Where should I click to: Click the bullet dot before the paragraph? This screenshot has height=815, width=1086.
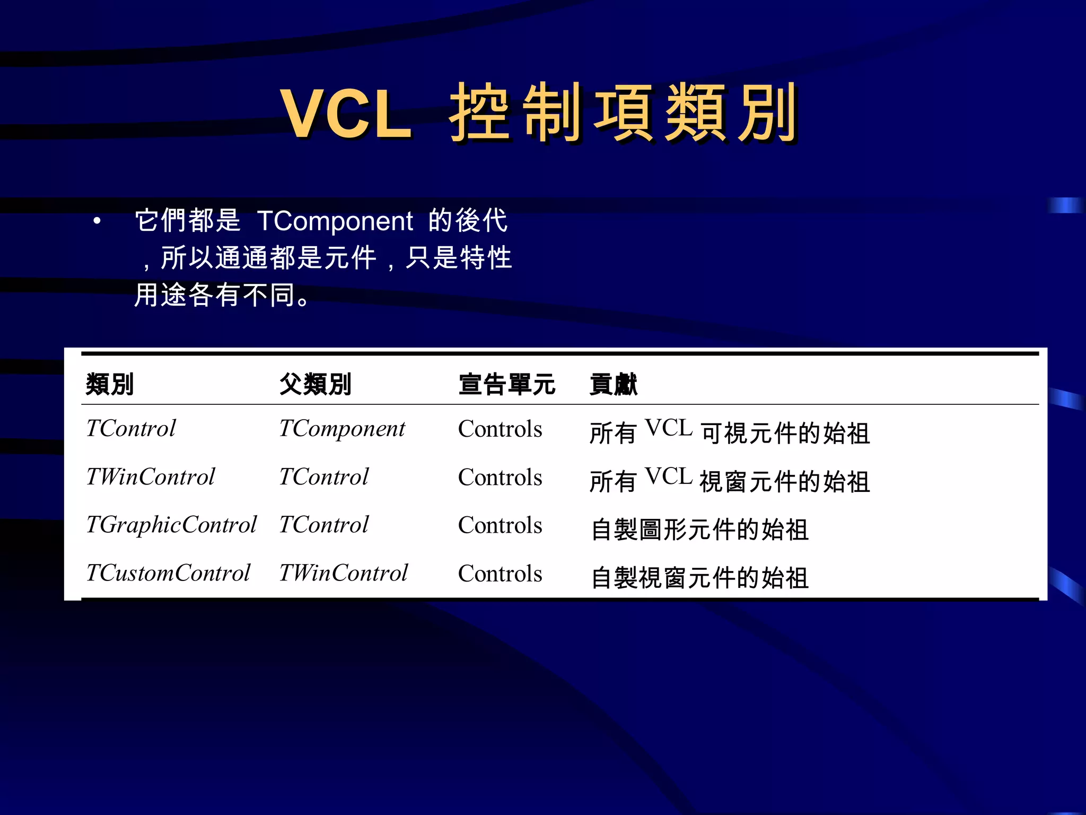97,221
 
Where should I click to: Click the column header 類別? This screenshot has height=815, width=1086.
110,384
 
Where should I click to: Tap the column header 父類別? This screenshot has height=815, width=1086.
316,384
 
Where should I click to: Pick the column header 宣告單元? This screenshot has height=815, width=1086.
507,384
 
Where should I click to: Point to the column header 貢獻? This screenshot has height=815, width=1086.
614,384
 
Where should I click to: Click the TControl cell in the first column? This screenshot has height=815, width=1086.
131,429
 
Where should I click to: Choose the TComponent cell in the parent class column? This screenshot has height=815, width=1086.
342,429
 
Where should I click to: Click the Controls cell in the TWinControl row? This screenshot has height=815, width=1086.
500,478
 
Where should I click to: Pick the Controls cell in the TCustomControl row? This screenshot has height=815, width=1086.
500,574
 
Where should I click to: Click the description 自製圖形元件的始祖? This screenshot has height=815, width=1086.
700,530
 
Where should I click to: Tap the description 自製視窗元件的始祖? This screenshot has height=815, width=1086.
700,578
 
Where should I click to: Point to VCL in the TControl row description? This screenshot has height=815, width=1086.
669,428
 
